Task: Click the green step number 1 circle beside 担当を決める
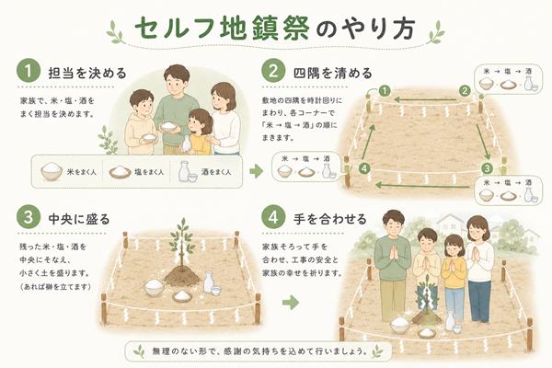coord(29,71)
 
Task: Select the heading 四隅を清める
coord(333,73)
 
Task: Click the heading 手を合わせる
coord(330,219)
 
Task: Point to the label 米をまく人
coord(82,172)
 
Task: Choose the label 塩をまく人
coord(149,172)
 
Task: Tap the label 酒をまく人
coord(216,172)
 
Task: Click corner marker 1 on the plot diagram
coord(385,91)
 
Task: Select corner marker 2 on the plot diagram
coord(465,91)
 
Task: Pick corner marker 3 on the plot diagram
coord(488,168)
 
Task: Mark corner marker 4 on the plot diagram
coord(364,168)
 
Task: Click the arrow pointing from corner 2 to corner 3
coord(483,142)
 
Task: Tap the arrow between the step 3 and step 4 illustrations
coord(291,302)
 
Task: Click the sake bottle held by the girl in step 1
coord(186,144)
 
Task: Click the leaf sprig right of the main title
coord(435,31)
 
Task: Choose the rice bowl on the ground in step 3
coord(154,287)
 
